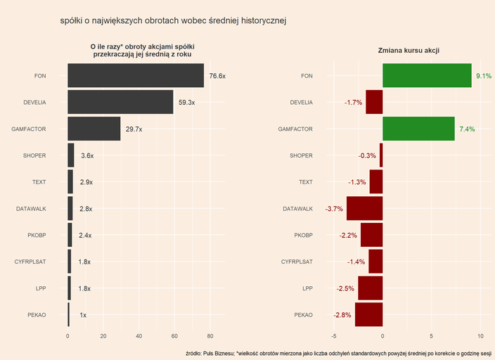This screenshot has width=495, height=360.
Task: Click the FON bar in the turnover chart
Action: [x=136, y=76]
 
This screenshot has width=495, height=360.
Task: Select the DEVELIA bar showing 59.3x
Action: [x=120, y=103]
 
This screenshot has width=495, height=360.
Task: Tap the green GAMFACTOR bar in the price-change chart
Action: [x=418, y=129]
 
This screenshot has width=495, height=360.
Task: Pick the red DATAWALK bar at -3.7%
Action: [x=364, y=209]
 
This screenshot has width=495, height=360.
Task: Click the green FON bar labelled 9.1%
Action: [x=427, y=76]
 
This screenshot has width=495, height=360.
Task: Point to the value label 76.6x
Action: [x=217, y=76]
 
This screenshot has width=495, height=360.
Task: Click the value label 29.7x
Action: [x=134, y=129]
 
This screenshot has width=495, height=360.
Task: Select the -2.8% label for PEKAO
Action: [x=342, y=315]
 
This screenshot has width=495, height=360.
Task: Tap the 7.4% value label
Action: [x=467, y=129]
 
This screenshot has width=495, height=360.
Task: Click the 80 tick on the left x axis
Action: [x=210, y=336]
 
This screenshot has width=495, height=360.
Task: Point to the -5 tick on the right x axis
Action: [x=333, y=336]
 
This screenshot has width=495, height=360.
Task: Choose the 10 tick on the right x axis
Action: [x=480, y=336]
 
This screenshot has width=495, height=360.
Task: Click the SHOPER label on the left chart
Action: [x=35, y=155]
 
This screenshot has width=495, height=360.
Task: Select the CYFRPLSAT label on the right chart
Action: [x=297, y=262]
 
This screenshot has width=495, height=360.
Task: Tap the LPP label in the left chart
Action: [x=41, y=288]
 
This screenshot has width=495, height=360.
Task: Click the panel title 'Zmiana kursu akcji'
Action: [x=409, y=50]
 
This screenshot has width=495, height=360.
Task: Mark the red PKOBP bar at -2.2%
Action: [x=371, y=236]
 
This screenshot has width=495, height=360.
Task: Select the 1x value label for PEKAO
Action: [x=83, y=315]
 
